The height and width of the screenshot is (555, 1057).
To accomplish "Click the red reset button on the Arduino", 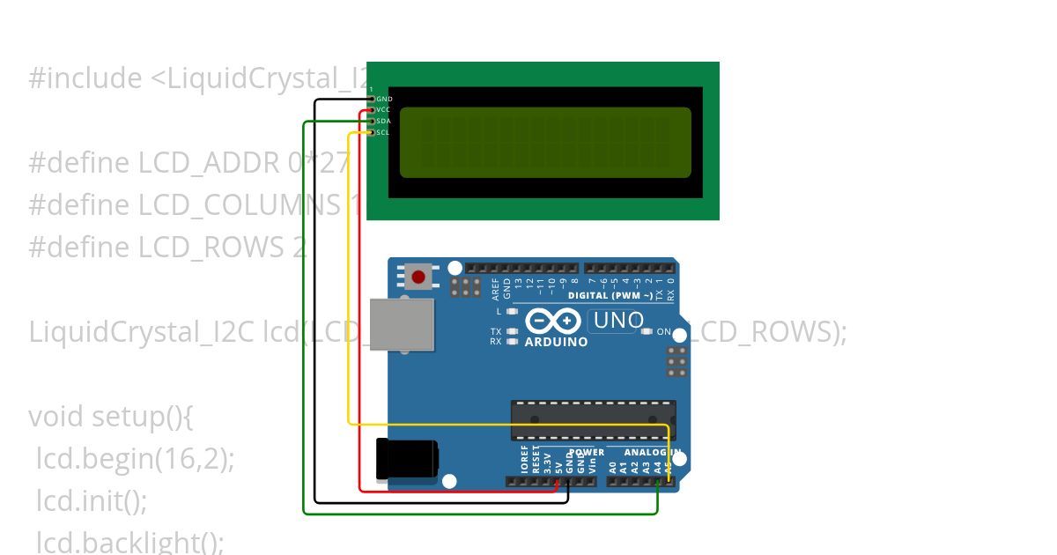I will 418,277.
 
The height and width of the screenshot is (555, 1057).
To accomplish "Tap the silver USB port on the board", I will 403,324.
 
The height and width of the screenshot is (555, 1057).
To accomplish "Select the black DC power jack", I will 406,459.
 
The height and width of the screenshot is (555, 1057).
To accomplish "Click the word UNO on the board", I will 618,321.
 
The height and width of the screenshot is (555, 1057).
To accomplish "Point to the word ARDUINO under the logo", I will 556,342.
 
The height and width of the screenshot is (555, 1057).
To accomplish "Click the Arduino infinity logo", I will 552,321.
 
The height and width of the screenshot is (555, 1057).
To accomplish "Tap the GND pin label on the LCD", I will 384,99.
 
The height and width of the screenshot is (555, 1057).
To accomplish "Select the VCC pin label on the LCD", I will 383,110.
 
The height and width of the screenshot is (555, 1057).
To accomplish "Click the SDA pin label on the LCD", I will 383,122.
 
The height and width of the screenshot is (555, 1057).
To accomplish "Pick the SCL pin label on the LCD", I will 382,133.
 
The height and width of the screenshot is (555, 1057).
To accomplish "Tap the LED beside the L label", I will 512,312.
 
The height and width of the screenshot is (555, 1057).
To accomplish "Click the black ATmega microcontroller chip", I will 594,419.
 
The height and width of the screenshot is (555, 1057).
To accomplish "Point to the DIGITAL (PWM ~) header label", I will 610,296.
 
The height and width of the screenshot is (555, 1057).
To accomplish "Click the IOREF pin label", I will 525,461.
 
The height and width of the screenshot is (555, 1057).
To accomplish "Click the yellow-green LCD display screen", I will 545,142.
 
